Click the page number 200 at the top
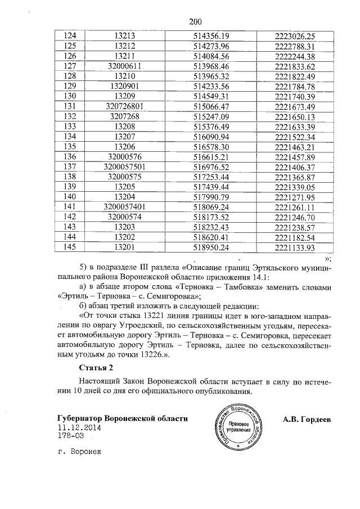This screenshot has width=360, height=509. pyautogui.click(x=195, y=22)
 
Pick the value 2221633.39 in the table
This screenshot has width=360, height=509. pyautogui.click(x=295, y=127)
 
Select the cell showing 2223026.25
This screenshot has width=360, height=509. pyautogui.click(x=295, y=36)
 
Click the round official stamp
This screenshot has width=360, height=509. pyautogui.click(x=239, y=427)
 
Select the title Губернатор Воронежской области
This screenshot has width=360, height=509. pyautogui.click(x=122, y=419)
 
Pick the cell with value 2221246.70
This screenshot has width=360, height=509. pyautogui.click(x=295, y=218)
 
